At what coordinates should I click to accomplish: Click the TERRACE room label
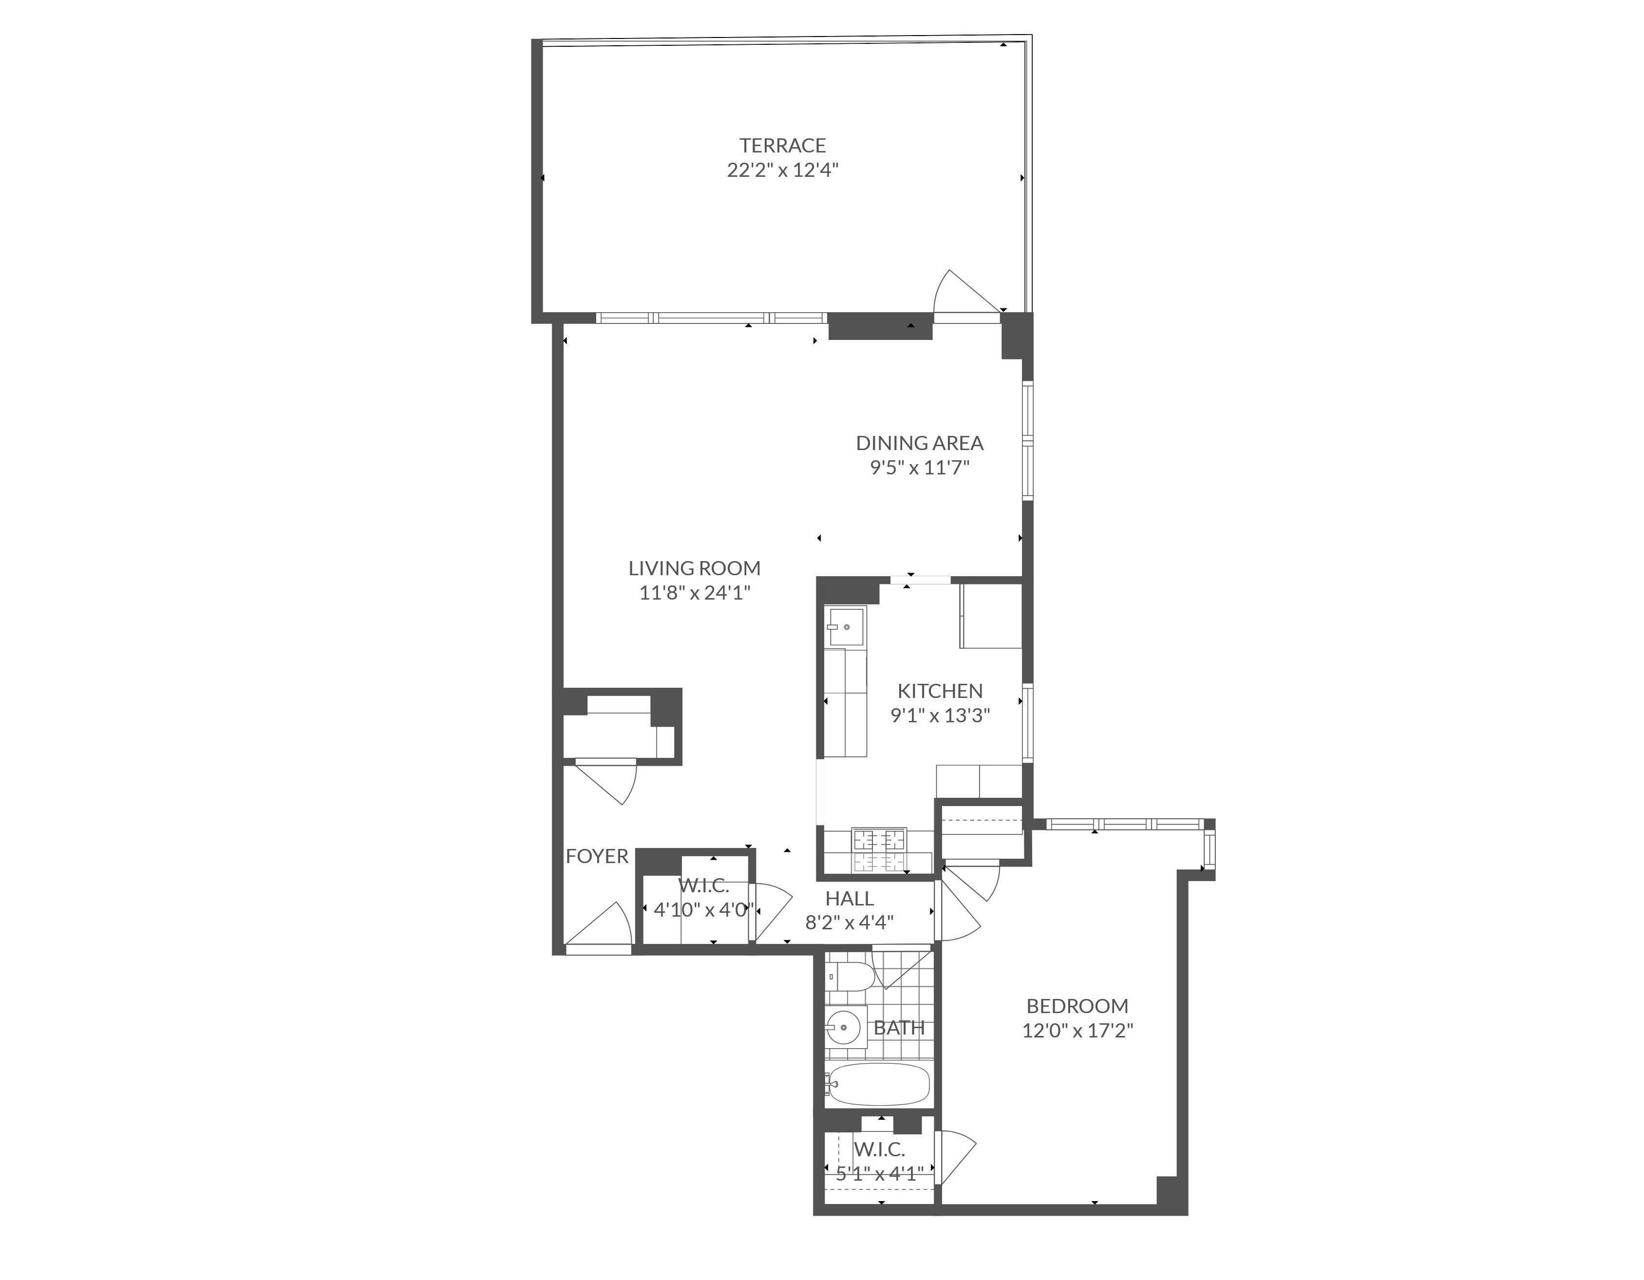pos(782,145)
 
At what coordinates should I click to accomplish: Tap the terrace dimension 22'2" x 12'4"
pos(782,170)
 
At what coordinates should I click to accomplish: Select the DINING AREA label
pos(919,443)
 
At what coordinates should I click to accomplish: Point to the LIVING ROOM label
pos(694,568)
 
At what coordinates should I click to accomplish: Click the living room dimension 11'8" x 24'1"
pos(694,593)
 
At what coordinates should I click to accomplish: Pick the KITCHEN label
pos(940,691)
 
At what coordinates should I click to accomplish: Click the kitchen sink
pos(845,626)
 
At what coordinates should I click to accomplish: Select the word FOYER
pos(597,856)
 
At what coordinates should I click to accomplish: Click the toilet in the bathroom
pos(850,977)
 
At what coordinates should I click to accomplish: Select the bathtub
pos(878,1084)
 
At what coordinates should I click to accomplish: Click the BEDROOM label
pos(1077,1006)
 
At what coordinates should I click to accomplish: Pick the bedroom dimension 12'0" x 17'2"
pos(1077,1030)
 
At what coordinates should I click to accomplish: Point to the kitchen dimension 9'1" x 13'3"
pos(940,715)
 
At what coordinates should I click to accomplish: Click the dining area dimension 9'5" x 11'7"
pos(919,467)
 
